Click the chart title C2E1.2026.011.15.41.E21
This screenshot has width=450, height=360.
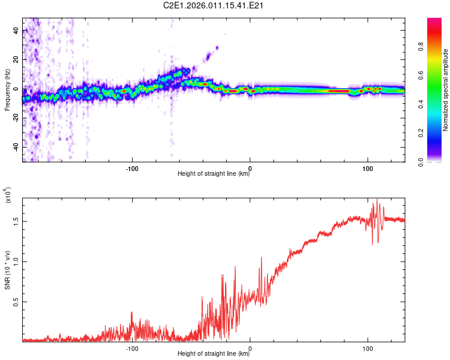pos(214,6)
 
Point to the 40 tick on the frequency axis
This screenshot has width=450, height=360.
pos(16,31)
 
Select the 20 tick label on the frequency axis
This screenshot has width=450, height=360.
pos(16,60)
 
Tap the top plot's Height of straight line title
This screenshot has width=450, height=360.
pos(214,174)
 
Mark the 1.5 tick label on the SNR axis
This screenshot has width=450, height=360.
pos(16,221)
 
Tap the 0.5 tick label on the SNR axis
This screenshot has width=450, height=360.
pos(16,301)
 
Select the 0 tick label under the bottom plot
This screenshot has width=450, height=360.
pos(250,348)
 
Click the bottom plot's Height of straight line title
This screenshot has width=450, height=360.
pos(214,354)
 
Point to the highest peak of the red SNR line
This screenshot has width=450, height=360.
pos(377,199)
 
